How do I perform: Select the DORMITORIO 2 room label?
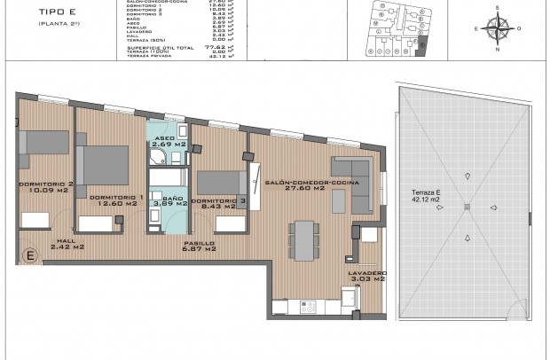(38, 184)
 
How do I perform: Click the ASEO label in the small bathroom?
(165, 137)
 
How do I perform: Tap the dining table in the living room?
(302, 239)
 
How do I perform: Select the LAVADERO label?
(366, 272)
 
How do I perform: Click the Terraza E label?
(430, 192)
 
